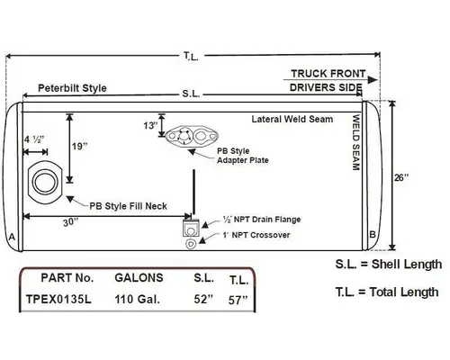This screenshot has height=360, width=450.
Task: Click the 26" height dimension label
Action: point(412,177)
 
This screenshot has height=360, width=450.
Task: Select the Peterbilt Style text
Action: point(72,88)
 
